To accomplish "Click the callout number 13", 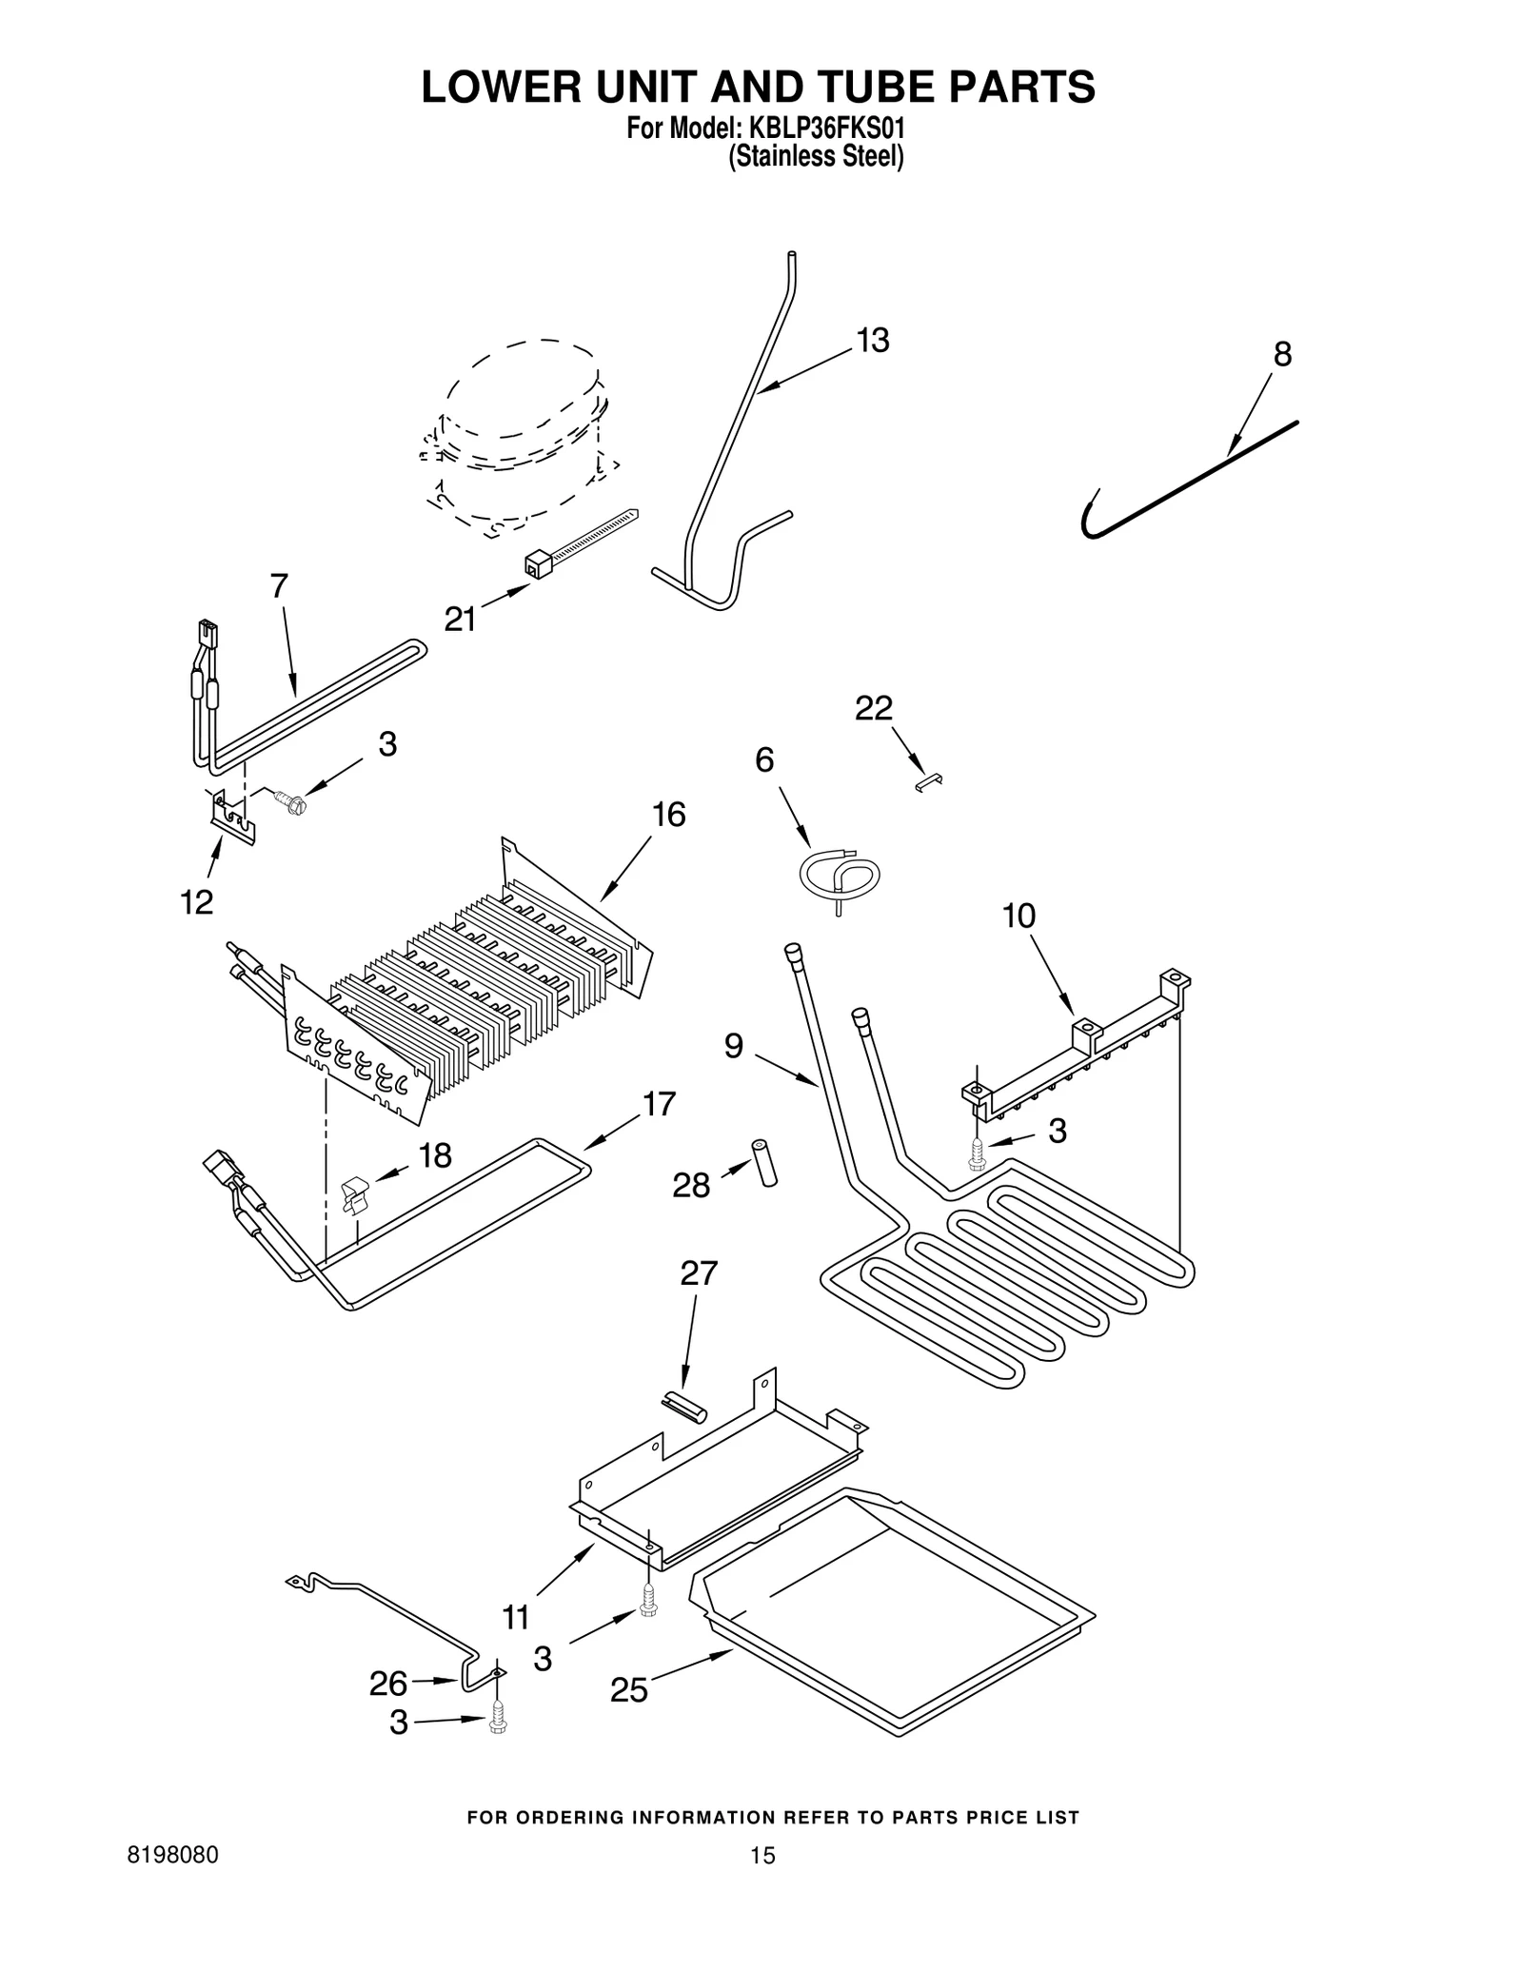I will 872,341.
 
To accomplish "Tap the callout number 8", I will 1282,355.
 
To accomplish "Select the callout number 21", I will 460,620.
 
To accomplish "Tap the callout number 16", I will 668,815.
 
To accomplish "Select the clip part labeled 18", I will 354,1194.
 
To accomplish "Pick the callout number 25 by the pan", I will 628,1690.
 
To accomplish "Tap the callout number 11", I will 515,1616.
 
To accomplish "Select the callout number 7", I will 278,586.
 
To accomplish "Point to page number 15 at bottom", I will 761,1855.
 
